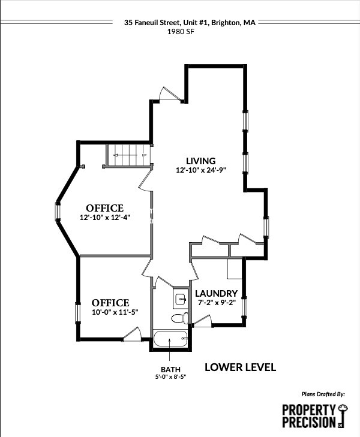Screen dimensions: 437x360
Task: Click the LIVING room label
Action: click(200, 161)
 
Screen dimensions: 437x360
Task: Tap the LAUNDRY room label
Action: click(217, 293)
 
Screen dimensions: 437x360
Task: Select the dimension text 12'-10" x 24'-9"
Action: click(200, 170)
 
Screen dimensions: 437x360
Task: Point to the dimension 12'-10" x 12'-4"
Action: click(113, 218)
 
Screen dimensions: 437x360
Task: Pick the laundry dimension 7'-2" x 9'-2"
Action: click(217, 303)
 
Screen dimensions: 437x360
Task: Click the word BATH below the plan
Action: click(170, 369)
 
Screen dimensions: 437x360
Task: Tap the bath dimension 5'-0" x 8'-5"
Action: click(170, 377)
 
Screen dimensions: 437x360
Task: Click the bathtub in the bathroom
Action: click(170, 339)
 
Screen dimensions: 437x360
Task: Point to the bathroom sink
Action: click(181, 298)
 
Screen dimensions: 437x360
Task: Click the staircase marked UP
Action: click(128, 156)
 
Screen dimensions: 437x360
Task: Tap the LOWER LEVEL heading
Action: click(240, 367)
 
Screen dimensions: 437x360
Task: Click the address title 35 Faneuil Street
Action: click(189, 22)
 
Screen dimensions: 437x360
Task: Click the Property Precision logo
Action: click(314, 415)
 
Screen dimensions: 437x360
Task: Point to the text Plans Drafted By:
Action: click(323, 394)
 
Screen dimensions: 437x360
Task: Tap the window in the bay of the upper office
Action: click(58, 212)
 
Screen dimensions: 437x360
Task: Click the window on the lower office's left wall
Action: click(77, 313)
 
